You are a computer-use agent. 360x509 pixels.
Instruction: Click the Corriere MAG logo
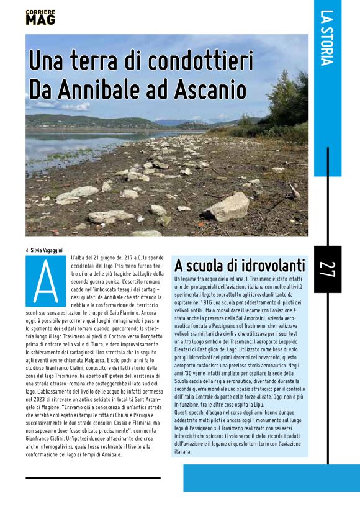pos(40,17)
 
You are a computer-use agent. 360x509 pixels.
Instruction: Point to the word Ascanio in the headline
pos(210,89)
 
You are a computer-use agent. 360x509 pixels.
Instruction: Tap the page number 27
pos(326,268)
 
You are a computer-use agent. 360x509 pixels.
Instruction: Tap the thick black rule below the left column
pos(93,478)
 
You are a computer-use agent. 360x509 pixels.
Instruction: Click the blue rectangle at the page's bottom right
pos(271,478)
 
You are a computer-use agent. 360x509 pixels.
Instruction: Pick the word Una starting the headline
pos(52,62)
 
